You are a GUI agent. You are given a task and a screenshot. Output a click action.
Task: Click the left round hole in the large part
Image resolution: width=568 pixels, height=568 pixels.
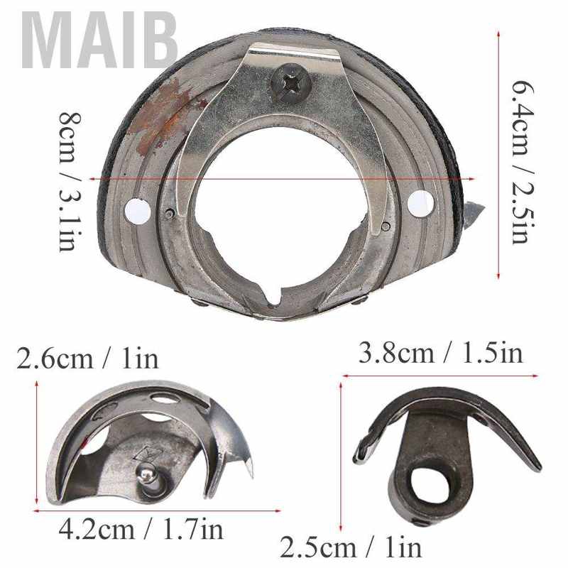(138, 211)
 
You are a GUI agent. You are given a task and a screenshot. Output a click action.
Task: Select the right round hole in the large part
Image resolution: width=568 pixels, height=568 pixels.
(420, 203)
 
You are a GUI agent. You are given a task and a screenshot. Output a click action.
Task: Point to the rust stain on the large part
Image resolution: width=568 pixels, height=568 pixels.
(164, 115)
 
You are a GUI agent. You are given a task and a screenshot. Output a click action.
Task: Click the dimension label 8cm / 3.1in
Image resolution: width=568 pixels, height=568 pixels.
(70, 182)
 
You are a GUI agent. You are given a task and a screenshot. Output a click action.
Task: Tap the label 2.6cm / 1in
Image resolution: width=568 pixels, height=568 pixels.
(88, 359)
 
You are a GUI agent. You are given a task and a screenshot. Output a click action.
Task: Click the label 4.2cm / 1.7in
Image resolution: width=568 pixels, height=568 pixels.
(141, 530)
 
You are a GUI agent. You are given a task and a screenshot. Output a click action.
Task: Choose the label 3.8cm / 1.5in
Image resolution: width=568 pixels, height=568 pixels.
(441, 352)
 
